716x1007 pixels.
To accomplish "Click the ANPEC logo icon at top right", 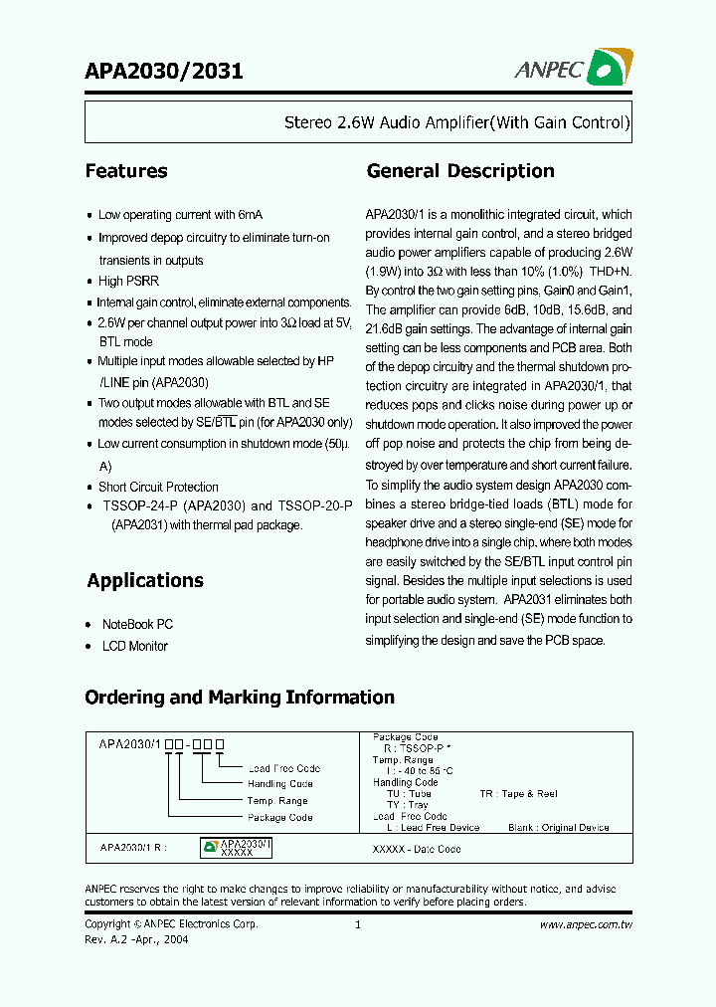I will (x=610, y=67).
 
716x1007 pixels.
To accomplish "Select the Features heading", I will (x=126, y=171).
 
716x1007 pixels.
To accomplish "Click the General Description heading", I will (x=460, y=171).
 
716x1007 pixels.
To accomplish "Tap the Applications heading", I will (x=145, y=581).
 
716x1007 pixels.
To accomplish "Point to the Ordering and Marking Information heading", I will (x=240, y=698).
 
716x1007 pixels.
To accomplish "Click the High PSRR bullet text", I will (x=128, y=282).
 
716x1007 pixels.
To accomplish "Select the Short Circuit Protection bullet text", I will (x=158, y=487).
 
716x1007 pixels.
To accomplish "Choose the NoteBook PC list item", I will (x=137, y=624).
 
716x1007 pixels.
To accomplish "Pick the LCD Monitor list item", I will (x=135, y=646).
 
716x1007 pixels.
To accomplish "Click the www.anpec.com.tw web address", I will (x=586, y=924).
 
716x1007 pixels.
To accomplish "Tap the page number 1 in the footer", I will (x=357, y=924).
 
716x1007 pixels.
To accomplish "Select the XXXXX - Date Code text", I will (x=416, y=850).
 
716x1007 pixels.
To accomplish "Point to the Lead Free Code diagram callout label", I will (x=284, y=768).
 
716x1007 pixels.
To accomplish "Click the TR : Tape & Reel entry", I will (x=518, y=794).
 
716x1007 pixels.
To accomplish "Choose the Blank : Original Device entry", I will (x=558, y=827).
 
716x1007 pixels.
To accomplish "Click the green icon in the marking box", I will (x=210, y=847).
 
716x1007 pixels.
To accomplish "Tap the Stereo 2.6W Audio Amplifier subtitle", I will (x=457, y=123).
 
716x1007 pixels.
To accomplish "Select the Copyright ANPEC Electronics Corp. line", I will (x=171, y=924).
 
